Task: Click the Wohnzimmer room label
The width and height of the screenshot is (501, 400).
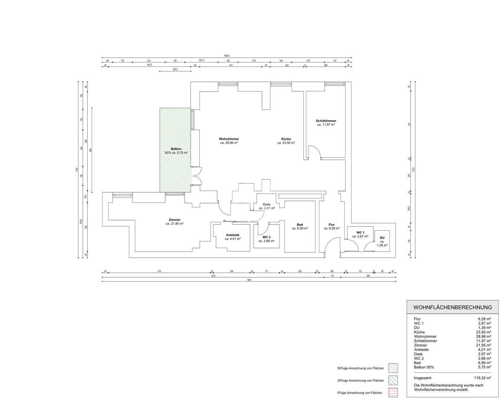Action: click(x=229, y=139)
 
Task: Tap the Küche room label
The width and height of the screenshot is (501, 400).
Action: click(x=286, y=139)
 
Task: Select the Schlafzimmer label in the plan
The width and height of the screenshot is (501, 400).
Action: click(x=326, y=121)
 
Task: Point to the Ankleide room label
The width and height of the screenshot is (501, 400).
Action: click(x=232, y=235)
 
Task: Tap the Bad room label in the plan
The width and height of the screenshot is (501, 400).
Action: click(x=300, y=225)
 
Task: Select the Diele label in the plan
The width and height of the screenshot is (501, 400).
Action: click(x=267, y=205)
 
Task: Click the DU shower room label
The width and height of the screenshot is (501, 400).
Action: click(x=382, y=238)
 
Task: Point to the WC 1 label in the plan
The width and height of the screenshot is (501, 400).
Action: click(x=360, y=232)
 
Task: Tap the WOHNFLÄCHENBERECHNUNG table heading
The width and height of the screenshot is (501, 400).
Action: click(x=452, y=307)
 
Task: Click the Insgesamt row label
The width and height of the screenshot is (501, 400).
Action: click(x=422, y=378)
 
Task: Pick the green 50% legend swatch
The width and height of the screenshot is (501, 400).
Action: click(x=393, y=368)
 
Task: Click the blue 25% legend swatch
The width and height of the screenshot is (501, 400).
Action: click(x=393, y=380)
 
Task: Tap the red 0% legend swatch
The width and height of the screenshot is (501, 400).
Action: click(x=393, y=393)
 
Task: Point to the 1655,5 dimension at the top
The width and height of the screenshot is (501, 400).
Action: click(x=226, y=56)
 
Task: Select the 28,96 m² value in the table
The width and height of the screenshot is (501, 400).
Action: click(x=484, y=337)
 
